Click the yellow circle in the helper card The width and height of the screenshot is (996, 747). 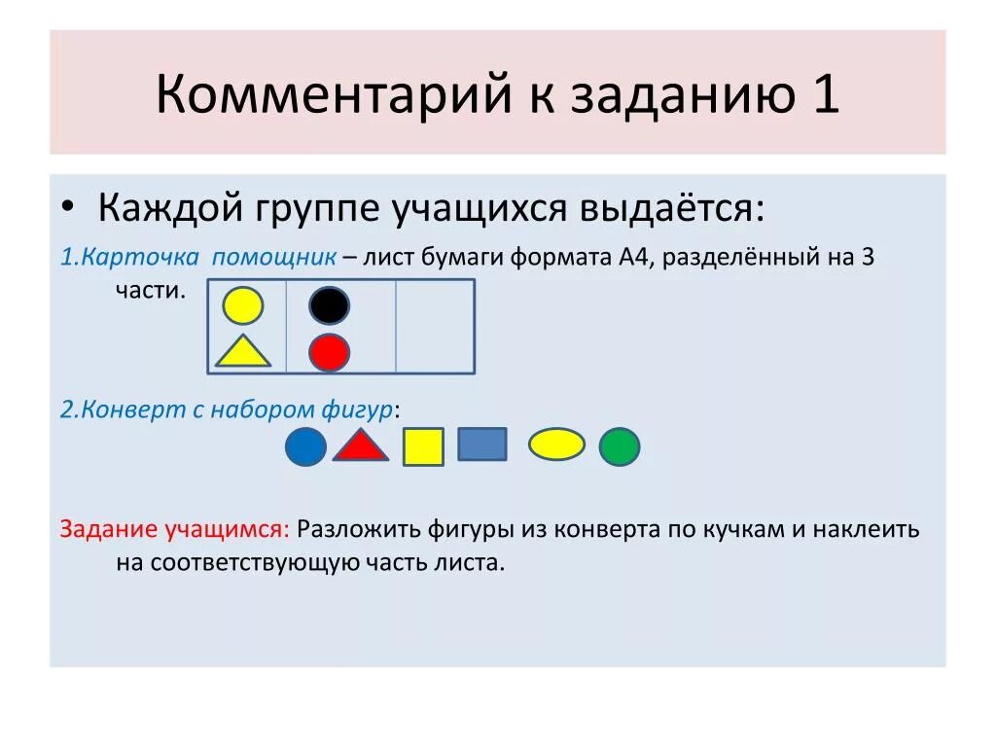coord(242,305)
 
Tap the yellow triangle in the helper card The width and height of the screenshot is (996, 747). coord(242,352)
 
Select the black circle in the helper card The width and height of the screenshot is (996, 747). coord(329,305)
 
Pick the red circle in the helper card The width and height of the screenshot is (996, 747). coord(329,352)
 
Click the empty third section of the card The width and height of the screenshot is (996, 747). coord(434,327)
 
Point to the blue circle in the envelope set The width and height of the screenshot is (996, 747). coord(304,446)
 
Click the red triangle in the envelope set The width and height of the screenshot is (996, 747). coord(361,445)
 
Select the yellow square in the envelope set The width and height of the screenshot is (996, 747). coord(423,446)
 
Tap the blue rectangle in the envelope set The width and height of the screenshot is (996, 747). coord(482,444)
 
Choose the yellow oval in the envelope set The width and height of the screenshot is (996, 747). coord(556,444)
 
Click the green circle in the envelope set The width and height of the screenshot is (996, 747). coord(619,446)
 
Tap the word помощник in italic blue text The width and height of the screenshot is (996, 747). coord(274,258)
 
